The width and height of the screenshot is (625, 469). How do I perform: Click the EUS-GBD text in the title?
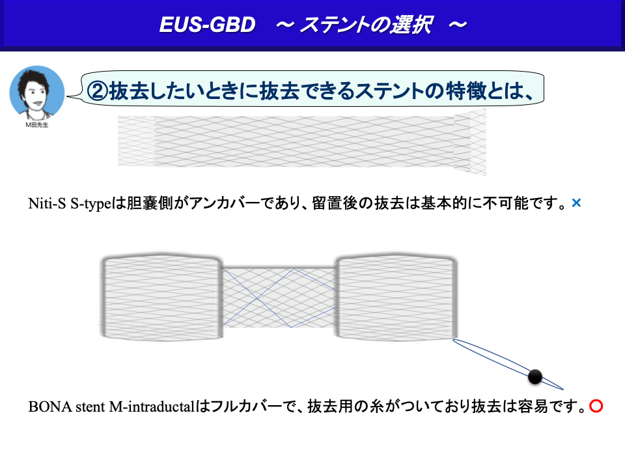coord(207,25)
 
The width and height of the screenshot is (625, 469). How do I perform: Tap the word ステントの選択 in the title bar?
coord(366,25)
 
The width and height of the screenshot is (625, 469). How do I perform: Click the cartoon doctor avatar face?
coord(36,92)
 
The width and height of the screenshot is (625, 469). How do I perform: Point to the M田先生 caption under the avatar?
coord(36,125)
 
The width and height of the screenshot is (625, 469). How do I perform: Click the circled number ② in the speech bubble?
coord(97,91)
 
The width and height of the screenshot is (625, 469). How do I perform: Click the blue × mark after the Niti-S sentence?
coord(576,203)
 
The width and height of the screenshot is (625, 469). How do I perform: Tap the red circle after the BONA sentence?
coord(596,406)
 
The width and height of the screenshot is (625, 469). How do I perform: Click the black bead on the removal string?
coord(535,377)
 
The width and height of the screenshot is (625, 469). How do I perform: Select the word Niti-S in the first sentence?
coord(47,203)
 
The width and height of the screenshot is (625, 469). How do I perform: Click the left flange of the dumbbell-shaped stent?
coord(161,297)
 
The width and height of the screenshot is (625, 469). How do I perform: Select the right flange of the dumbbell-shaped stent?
coord(396,297)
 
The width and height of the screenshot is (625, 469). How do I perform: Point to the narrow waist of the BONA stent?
coord(279,298)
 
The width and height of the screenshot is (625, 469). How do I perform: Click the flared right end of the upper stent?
coord(470,141)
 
